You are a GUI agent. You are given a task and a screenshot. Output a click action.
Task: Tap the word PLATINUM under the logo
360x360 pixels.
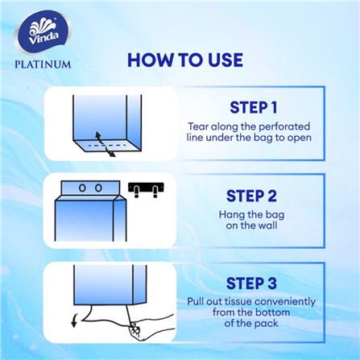[x=43, y=64]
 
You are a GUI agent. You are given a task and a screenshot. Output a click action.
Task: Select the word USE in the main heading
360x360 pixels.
[x=221, y=60]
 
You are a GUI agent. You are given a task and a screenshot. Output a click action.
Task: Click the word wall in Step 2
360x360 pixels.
[x=273, y=226]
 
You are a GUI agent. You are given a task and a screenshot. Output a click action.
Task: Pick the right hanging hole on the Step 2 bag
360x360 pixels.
[x=98, y=187]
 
